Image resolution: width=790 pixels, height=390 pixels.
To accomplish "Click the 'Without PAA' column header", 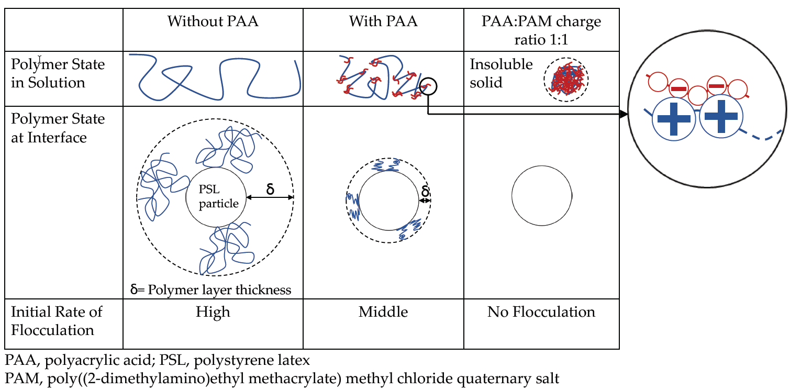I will (x=213, y=21).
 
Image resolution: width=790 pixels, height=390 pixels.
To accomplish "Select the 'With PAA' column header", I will (x=383, y=21).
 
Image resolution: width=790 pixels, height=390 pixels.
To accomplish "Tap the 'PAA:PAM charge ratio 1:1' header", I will (x=541, y=30).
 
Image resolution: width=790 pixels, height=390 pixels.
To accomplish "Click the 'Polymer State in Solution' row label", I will (x=58, y=73).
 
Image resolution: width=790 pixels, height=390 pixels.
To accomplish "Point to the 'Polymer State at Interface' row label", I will (x=58, y=128).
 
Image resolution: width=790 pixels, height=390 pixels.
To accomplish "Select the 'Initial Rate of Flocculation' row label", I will (x=57, y=321).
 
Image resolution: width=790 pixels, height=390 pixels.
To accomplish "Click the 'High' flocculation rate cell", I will (x=213, y=313).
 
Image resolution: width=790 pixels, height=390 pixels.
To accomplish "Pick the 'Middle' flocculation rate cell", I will (x=383, y=313).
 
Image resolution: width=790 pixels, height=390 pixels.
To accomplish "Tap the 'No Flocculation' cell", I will (x=541, y=313).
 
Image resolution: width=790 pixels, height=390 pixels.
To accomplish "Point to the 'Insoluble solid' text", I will (x=501, y=73).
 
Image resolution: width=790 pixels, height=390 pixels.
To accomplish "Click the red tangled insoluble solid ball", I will (x=566, y=80).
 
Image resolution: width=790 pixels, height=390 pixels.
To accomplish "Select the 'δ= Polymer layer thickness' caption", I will (x=210, y=289).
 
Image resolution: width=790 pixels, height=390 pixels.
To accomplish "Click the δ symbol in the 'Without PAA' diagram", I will (x=270, y=188).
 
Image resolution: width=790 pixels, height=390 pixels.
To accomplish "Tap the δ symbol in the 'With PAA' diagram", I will (x=425, y=191).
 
